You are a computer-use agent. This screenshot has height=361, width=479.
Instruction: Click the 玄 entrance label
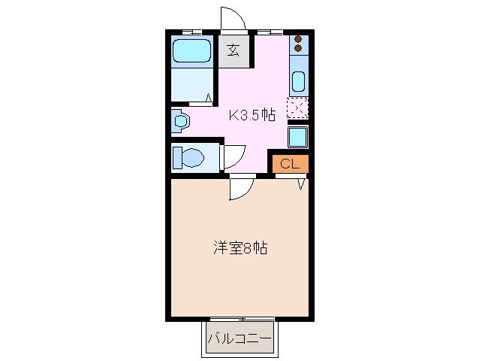233,51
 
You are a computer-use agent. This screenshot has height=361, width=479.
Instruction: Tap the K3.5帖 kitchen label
252,115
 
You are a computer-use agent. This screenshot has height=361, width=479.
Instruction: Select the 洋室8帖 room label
239,247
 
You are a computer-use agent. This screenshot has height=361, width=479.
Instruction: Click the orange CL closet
290,163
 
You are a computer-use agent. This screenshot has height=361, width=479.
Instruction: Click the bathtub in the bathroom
191,51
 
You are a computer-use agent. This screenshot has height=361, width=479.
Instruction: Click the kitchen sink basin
298,80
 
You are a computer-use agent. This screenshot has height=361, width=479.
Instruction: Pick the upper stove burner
298,40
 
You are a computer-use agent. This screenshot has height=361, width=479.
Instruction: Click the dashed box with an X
297,108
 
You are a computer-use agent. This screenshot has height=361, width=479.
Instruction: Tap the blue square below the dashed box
298,137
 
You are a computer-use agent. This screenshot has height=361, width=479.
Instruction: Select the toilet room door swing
233,154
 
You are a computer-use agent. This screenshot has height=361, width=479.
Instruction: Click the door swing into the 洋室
239,189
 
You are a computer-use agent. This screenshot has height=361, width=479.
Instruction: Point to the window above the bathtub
191,31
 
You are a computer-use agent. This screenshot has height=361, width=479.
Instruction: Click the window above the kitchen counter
270,31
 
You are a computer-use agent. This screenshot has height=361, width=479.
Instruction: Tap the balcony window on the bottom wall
239,319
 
